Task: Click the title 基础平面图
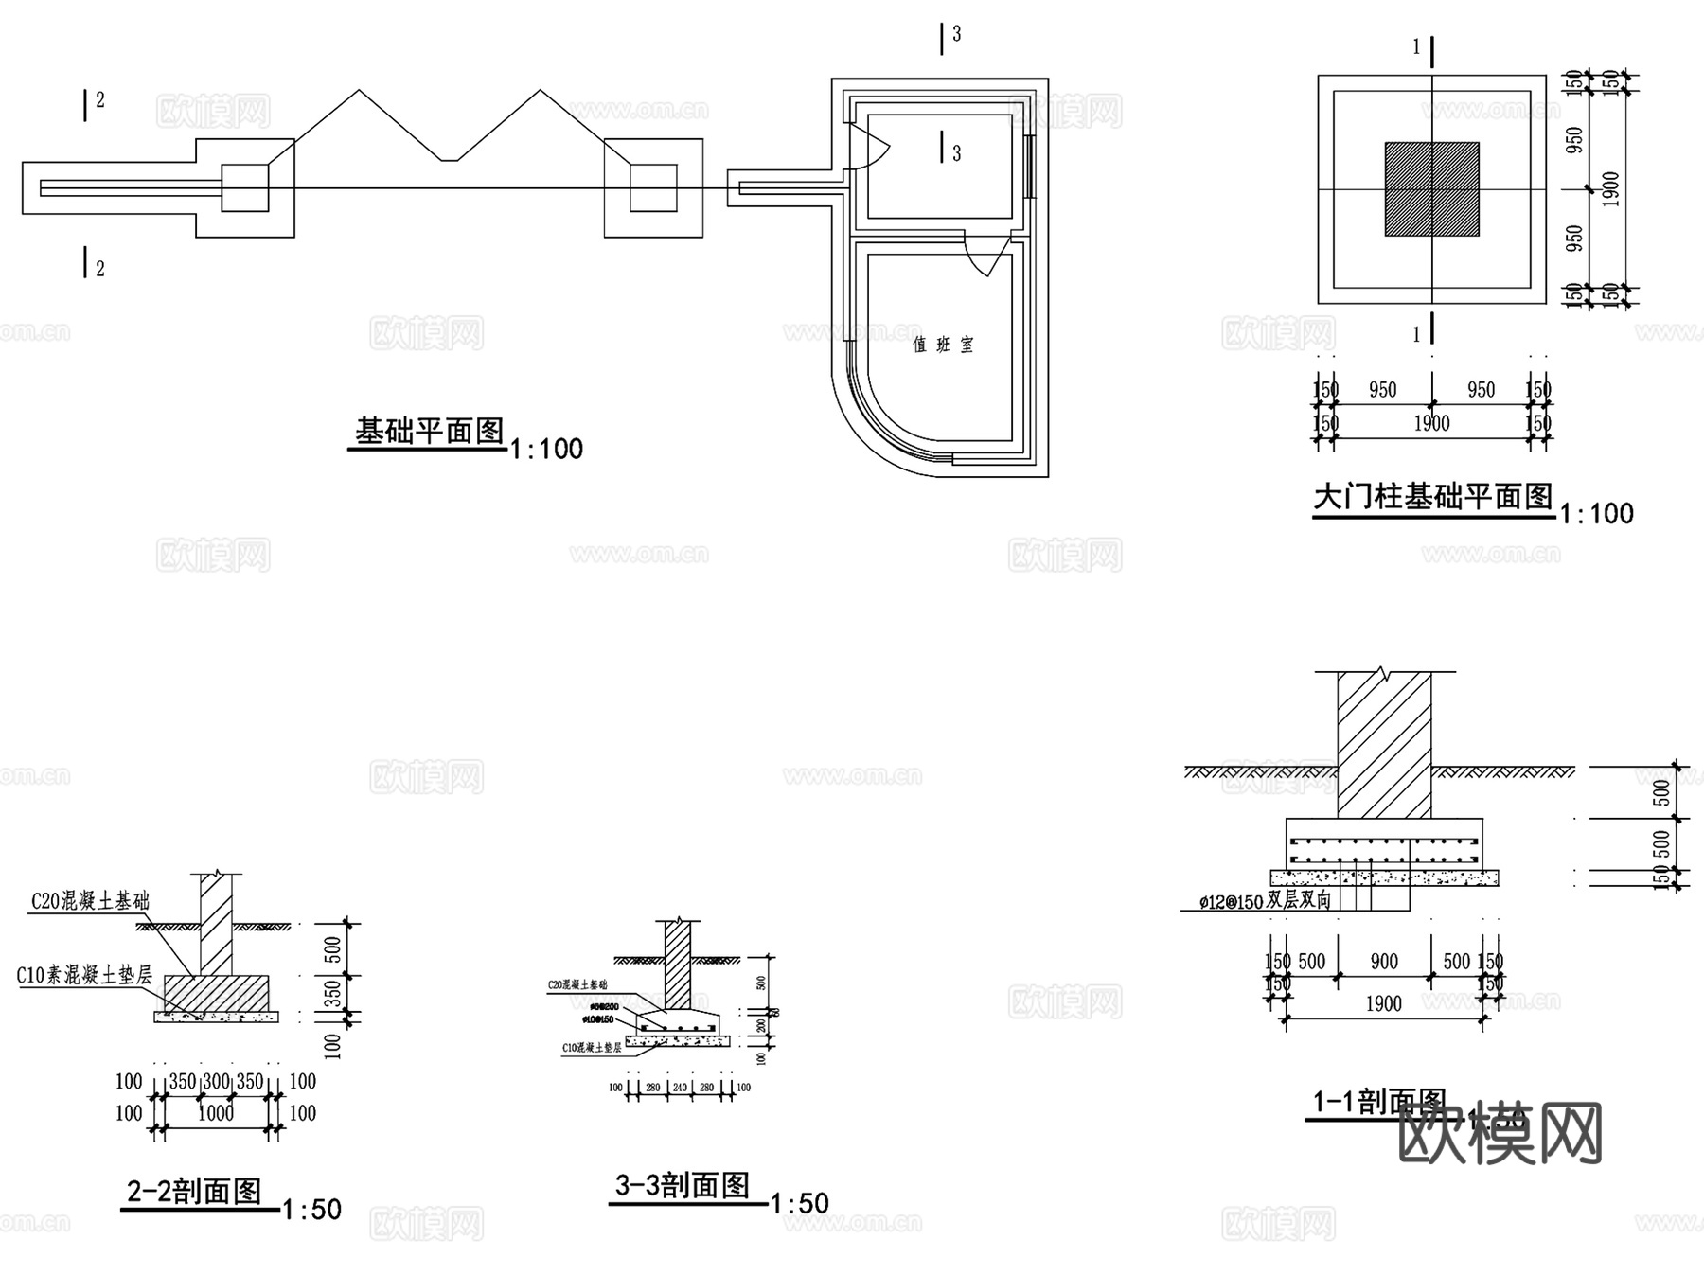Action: [429, 432]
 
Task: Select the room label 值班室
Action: [943, 345]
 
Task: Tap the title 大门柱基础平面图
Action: [1433, 496]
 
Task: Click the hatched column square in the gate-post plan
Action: [1431, 189]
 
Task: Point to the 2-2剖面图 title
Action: [194, 1191]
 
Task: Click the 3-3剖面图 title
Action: [683, 1185]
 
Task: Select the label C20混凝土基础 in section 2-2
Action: [90, 901]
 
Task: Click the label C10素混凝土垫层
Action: [84, 974]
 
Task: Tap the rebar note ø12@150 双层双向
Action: [1265, 901]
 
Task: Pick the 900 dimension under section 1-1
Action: [1384, 963]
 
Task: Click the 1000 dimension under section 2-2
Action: [216, 1114]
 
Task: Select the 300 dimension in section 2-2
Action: [216, 1082]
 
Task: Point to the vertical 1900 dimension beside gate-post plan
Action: [1612, 189]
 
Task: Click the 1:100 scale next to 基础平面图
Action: [546, 449]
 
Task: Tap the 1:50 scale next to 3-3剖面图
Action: [800, 1204]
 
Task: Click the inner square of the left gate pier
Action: [245, 187]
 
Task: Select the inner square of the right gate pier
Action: [653, 187]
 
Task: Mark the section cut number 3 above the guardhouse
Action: [956, 34]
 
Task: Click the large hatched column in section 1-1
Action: [1384, 748]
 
